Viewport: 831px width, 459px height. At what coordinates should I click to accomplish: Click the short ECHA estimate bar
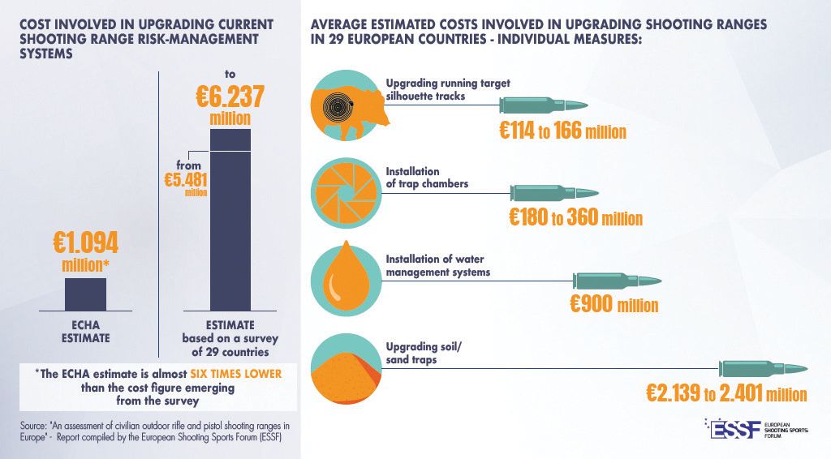(85, 294)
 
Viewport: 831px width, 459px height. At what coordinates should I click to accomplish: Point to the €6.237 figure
(230, 98)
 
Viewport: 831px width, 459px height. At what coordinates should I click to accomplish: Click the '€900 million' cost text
(614, 305)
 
